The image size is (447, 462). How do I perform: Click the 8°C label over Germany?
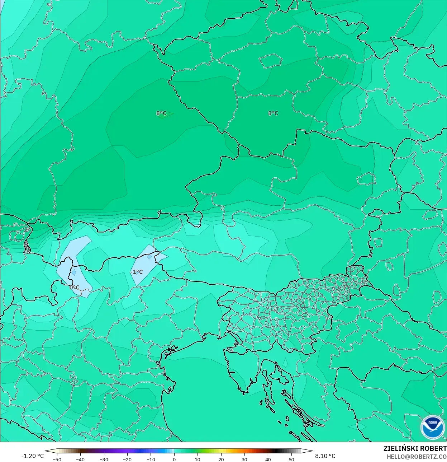click(x=161, y=113)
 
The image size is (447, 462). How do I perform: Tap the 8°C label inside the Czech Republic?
click(x=273, y=113)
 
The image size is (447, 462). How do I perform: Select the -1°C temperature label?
click(x=136, y=272)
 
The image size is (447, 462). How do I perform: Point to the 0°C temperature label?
click(x=75, y=288)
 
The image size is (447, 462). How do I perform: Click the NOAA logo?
click(x=432, y=427)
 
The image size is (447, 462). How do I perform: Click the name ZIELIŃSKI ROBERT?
click(x=415, y=448)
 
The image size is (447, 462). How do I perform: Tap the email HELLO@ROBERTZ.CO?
click(x=417, y=457)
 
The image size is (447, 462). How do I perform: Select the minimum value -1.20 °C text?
click(x=32, y=456)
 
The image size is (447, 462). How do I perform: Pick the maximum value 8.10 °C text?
click(x=325, y=456)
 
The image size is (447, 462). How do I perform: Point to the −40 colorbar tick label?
click(x=80, y=459)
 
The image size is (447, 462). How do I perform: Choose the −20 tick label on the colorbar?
click(x=127, y=459)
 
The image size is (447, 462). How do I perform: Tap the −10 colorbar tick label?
click(x=151, y=459)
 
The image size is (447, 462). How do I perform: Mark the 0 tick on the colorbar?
click(x=174, y=459)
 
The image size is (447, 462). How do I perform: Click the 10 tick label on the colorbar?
click(x=198, y=459)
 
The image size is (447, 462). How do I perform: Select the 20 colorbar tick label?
click(x=221, y=459)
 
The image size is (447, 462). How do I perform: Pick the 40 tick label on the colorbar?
click(x=268, y=459)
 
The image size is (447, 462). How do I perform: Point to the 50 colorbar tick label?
click(x=291, y=459)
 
